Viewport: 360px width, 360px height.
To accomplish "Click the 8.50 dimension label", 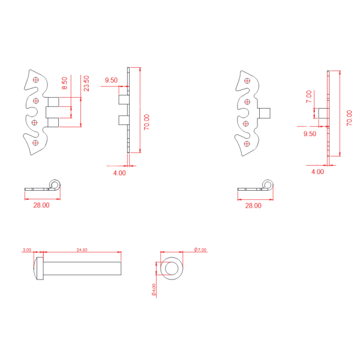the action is tap(65, 83).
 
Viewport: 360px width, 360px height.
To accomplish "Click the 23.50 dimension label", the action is tap(86, 83).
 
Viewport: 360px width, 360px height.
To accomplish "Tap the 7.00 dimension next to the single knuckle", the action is tap(309, 97).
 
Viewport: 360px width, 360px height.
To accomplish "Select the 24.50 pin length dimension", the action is tap(82, 250).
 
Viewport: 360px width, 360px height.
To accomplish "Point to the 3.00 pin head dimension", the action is tap(27, 250).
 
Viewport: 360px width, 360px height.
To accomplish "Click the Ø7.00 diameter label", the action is tap(200, 250).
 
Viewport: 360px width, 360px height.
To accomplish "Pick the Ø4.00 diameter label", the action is tap(154, 290).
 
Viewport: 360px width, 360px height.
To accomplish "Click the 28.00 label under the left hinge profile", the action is tap(41, 205).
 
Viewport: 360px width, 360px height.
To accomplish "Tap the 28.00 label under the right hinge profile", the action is tap(253, 205).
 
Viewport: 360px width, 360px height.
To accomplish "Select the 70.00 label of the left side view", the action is tap(146, 122).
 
